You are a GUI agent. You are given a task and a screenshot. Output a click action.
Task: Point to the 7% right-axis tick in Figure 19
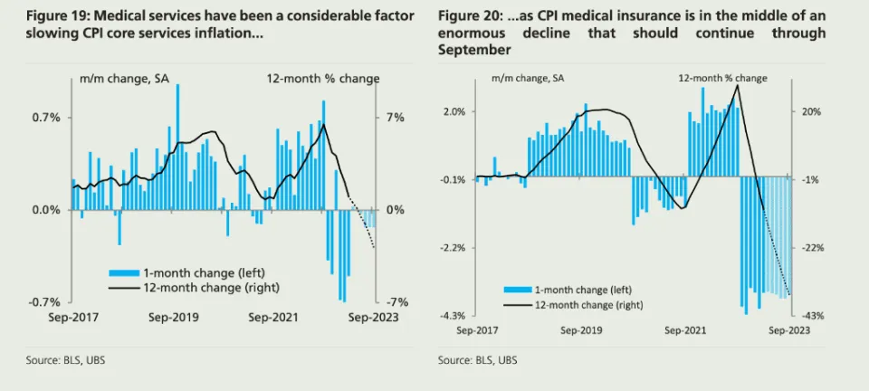pyautogui.click(x=396, y=118)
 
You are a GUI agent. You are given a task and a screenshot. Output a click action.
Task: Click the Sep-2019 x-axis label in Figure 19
pyautogui.click(x=173, y=318)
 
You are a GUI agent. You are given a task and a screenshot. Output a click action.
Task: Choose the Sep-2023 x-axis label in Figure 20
pyautogui.click(x=789, y=331)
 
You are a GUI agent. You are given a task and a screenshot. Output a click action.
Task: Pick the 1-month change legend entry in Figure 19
pyautogui.click(x=186, y=272)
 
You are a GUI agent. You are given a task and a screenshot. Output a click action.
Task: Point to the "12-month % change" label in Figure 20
pyautogui.click(x=722, y=79)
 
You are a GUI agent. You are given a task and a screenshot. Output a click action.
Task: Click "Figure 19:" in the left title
pyautogui.click(x=55, y=16)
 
